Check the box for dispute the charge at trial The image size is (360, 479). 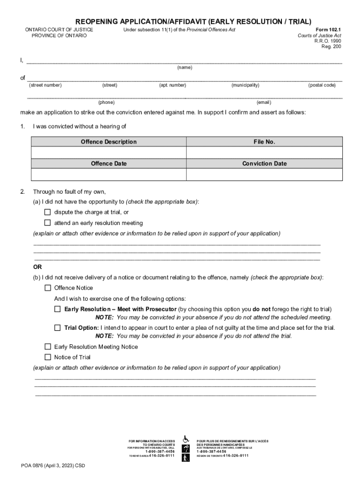coord(47,212)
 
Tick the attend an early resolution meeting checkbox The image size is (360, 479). coord(47,223)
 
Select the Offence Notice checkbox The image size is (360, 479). coord(47,288)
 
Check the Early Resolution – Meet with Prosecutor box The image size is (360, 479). coord(58,309)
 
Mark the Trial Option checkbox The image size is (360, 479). coord(58,327)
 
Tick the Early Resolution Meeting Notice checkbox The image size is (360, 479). coord(47,347)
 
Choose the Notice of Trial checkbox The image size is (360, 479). coord(47,357)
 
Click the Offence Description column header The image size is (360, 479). coord(108,142)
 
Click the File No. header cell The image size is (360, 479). coord(264,142)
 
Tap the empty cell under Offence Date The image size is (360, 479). coord(108,174)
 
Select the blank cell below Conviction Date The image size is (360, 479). coord(264,174)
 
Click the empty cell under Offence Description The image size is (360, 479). coord(108,153)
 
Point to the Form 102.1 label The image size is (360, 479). coord(329,29)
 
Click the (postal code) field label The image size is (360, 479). coord(322,85)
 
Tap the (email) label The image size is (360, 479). coord(264,102)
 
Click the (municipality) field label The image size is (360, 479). coord(245,85)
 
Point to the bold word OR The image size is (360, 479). coord(37,267)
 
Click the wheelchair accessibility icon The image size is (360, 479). coord(186,439)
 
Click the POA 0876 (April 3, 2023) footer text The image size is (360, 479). coord(53,466)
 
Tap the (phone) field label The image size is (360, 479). coord(106,102)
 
